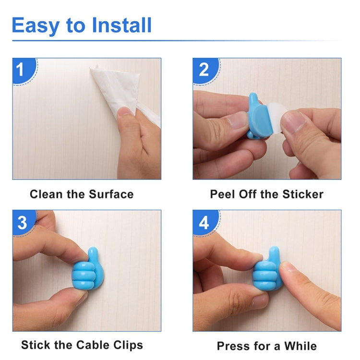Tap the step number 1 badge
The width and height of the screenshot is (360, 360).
20,70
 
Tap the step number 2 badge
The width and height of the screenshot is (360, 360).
204,70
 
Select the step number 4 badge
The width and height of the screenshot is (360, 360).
204,223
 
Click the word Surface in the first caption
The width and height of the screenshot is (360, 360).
111,194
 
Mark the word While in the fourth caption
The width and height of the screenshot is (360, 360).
300,346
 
